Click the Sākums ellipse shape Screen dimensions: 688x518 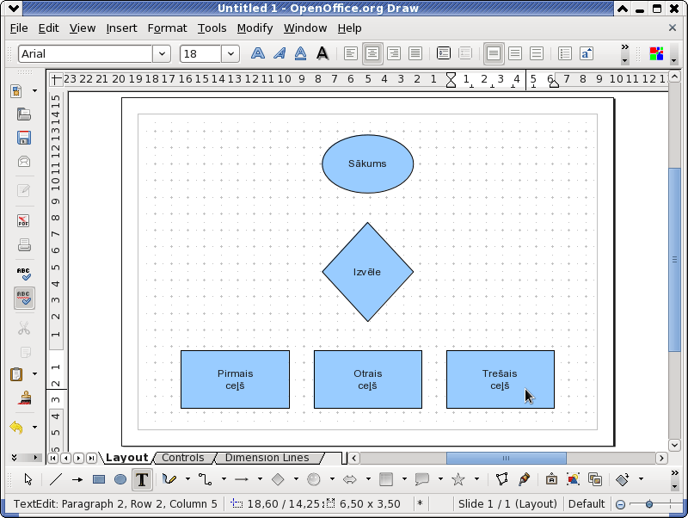tap(368, 163)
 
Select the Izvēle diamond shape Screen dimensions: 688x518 tap(368, 272)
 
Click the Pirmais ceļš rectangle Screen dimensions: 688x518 tap(235, 379)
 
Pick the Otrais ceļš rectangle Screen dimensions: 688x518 tap(368, 379)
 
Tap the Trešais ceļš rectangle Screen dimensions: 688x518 tap(501, 379)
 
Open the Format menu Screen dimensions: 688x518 tap(167, 28)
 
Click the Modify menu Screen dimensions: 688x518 tap(255, 28)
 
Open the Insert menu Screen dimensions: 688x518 tap(121, 28)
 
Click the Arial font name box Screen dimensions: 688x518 tap(85, 54)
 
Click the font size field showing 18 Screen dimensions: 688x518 tap(200, 54)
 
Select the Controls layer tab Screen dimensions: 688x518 tap(183, 458)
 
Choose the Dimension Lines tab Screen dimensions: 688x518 tap(267, 458)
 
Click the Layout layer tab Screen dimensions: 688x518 tap(126, 458)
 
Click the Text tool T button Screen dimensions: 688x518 tap(142, 479)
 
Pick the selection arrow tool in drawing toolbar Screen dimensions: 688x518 tap(28, 479)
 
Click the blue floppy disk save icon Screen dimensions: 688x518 tap(24, 138)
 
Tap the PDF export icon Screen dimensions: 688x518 tap(24, 221)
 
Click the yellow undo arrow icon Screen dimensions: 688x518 tap(16, 427)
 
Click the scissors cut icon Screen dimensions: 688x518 tap(24, 328)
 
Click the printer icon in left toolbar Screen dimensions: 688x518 tap(24, 245)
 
